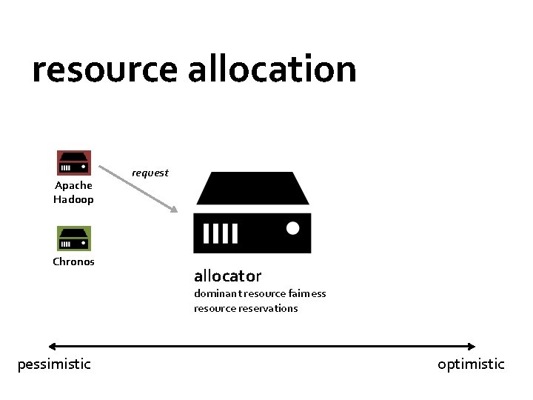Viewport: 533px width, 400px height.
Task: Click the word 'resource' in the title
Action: pyautogui.click(x=104, y=70)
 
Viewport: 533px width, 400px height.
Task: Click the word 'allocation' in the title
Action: pyautogui.click(x=272, y=69)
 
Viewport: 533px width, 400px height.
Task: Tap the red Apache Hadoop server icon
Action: pyautogui.click(x=74, y=163)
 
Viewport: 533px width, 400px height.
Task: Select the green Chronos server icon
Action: pyautogui.click(x=74, y=239)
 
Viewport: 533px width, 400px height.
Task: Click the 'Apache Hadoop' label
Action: pyautogui.click(x=73, y=193)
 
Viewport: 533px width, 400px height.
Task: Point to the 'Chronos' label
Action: pyautogui.click(x=73, y=261)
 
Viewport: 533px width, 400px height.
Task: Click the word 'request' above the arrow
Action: pyautogui.click(x=150, y=173)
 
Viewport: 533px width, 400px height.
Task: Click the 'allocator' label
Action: pyautogui.click(x=227, y=276)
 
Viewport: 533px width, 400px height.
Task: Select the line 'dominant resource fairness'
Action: pyautogui.click(x=260, y=293)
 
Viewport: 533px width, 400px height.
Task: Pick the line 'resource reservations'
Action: pyautogui.click(x=246, y=308)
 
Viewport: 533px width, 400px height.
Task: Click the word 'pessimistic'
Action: pyautogui.click(x=54, y=364)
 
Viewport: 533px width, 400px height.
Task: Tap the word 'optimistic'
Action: pyautogui.click(x=471, y=364)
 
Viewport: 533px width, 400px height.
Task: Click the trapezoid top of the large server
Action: pyautogui.click(x=252, y=188)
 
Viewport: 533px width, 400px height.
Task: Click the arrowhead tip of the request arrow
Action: pyautogui.click(x=175, y=211)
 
